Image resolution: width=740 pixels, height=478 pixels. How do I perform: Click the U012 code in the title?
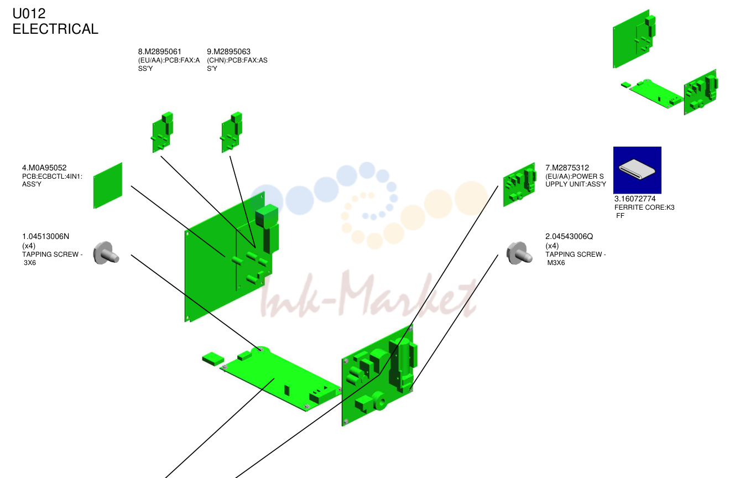(29, 13)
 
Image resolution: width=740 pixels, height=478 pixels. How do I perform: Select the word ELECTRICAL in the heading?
(55, 29)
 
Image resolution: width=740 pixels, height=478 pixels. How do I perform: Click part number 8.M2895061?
(160, 51)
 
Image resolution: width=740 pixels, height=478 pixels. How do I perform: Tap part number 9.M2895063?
(228, 51)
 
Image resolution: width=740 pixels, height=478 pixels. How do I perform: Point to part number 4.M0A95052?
(44, 168)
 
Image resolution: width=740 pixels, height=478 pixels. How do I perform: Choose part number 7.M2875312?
(567, 168)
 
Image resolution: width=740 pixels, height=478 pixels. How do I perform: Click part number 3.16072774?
(634, 199)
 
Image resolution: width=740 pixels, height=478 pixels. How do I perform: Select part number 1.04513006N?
(45, 236)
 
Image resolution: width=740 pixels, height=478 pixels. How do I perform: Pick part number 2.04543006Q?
(569, 236)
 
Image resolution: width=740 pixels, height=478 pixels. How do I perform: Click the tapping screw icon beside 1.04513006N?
(106, 253)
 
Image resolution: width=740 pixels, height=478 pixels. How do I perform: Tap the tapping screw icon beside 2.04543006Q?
(519, 253)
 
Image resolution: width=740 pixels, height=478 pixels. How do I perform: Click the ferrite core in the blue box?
(637, 169)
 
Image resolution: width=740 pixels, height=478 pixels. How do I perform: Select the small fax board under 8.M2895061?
(163, 132)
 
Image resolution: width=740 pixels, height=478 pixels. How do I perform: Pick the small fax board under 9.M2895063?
(232, 132)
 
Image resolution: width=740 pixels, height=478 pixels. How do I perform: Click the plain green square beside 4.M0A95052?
(108, 185)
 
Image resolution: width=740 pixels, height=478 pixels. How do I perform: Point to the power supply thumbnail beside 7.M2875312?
(519, 184)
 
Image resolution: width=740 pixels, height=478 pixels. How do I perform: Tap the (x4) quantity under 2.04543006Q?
(552, 246)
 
